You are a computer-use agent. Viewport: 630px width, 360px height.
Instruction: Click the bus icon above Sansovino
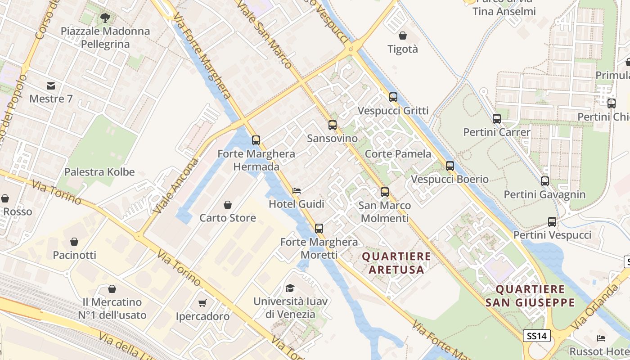click(x=333, y=125)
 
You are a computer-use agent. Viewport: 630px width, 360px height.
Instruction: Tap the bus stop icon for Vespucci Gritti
click(x=393, y=97)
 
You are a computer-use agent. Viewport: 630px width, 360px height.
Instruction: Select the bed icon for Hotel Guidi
click(x=297, y=191)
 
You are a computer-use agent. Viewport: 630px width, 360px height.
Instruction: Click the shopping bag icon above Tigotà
click(x=403, y=36)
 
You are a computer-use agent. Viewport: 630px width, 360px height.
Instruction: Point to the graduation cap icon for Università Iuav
click(x=290, y=288)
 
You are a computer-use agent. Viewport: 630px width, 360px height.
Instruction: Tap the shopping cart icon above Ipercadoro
click(x=202, y=303)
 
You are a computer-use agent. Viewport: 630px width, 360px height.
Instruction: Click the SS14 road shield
click(x=537, y=336)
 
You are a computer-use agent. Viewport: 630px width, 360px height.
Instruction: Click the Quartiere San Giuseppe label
click(x=530, y=296)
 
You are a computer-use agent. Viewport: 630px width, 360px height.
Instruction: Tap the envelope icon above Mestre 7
click(x=51, y=85)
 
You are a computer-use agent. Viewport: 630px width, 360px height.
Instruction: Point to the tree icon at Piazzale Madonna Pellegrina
click(x=105, y=18)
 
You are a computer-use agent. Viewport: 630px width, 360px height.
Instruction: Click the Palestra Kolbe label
click(x=99, y=172)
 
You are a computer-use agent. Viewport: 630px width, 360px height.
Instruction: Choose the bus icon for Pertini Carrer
click(x=497, y=119)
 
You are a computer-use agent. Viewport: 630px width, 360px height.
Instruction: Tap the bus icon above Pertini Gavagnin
click(x=545, y=181)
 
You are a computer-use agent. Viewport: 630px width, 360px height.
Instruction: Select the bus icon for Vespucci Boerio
click(x=450, y=166)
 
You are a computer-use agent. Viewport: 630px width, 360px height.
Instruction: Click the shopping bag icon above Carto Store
click(x=228, y=205)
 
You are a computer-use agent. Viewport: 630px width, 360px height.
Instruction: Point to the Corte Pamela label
click(x=398, y=154)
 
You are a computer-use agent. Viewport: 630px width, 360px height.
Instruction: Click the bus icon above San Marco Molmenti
click(x=385, y=192)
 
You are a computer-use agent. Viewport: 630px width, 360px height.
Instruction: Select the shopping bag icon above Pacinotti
click(x=74, y=242)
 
